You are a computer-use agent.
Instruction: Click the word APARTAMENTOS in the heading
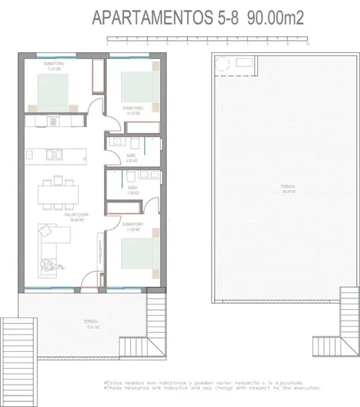tap(147, 18)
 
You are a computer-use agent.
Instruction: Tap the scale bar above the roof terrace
tap(208, 39)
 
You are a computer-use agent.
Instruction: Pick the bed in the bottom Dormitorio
tap(139, 252)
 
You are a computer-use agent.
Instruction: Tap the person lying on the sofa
tap(51, 264)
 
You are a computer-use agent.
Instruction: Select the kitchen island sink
tap(54, 153)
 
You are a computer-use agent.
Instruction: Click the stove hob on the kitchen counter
tap(51, 120)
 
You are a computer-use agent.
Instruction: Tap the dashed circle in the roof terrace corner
tap(223, 63)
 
